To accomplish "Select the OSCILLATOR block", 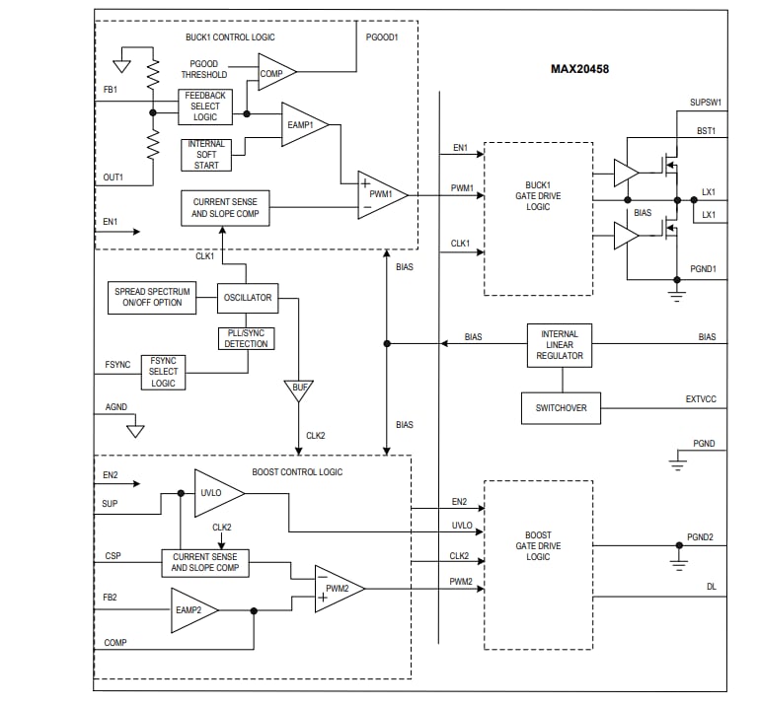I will (247, 297).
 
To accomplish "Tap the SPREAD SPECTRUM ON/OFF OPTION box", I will (151, 297).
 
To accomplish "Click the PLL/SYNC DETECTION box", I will (247, 337).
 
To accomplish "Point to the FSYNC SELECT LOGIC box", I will (163, 372).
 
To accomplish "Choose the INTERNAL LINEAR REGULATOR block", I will (560, 344).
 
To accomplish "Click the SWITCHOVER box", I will (560, 407).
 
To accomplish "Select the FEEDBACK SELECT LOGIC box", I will (205, 106).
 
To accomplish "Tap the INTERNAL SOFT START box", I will (206, 155).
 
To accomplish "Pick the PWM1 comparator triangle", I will (379, 194).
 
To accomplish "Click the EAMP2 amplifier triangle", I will (190, 611).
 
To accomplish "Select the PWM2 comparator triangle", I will (337, 589).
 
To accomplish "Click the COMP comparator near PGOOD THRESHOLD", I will (273, 73).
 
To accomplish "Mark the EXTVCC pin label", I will (701, 399).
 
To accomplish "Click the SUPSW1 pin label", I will (706, 102).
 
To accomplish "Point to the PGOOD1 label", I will (382, 37).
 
